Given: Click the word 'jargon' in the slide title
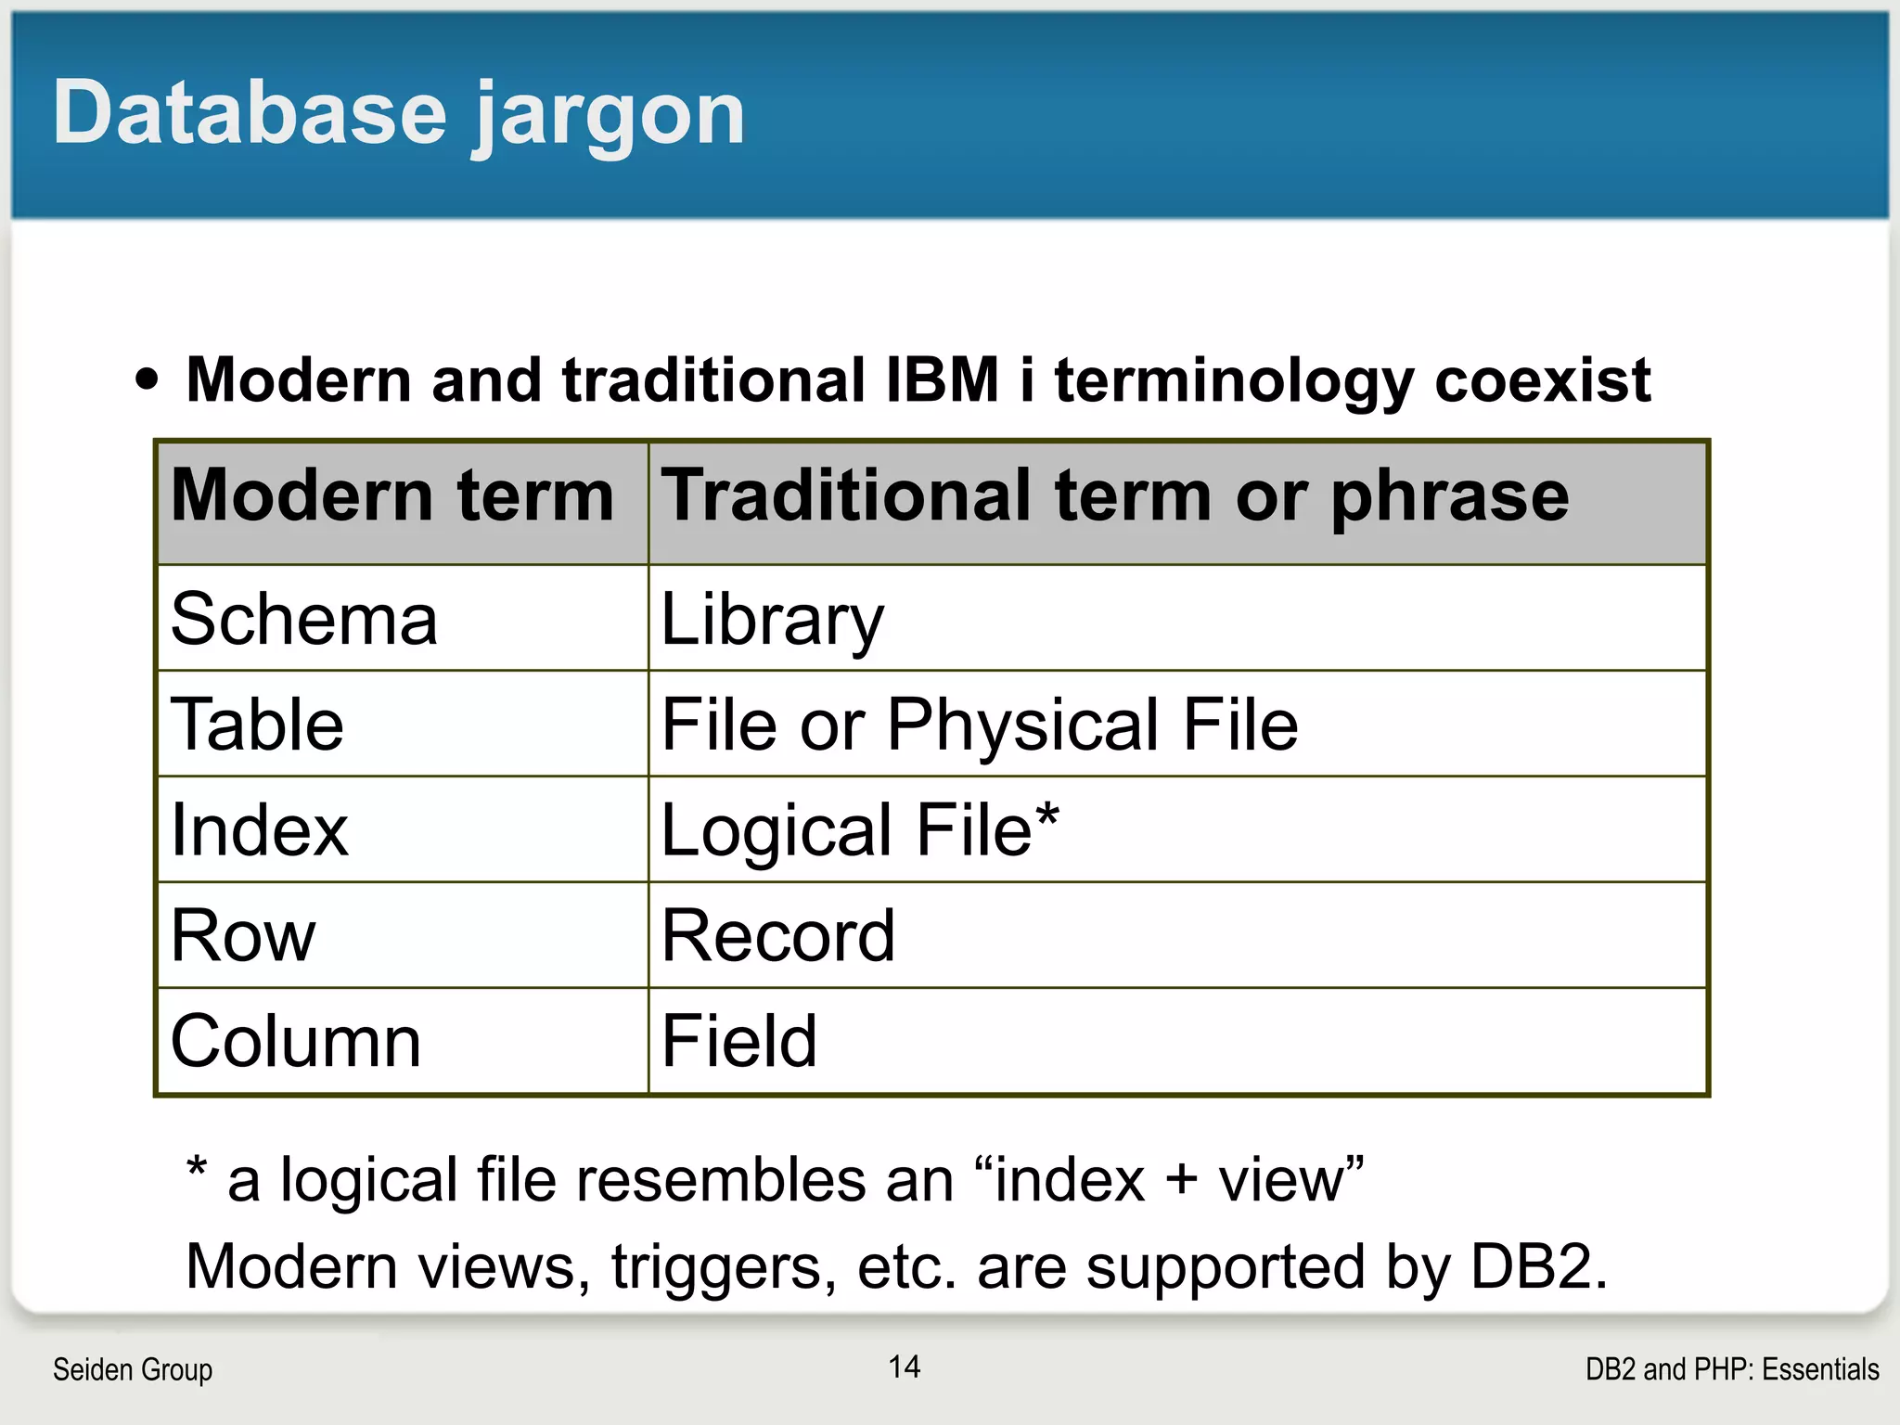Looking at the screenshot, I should tap(609, 116).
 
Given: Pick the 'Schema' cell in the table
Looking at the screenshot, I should tap(304, 620).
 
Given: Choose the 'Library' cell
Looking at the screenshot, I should tap(773, 620).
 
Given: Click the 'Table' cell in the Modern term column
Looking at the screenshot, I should tap(257, 725).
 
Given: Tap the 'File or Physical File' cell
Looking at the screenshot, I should tap(979, 725).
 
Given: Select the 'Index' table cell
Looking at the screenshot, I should tap(260, 830).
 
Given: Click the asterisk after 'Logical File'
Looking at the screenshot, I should tap(1047, 817).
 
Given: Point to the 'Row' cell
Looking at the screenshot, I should tap(243, 936).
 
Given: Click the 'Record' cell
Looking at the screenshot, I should tap(778, 936).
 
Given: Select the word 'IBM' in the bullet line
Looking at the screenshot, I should tap(943, 380).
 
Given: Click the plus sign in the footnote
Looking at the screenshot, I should tap(1181, 1182).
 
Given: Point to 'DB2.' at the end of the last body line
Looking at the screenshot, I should tap(1539, 1267).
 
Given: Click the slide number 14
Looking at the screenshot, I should tap(905, 1367).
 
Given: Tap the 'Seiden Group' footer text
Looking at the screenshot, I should tap(133, 1369).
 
